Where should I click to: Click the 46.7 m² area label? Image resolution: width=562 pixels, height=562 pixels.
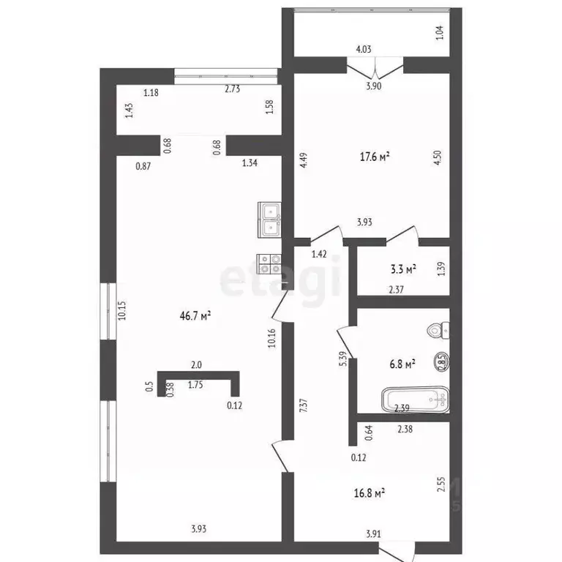(195, 316)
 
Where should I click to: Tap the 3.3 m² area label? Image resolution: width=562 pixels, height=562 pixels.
(403, 269)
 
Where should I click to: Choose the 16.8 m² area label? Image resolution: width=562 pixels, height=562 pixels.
(370, 493)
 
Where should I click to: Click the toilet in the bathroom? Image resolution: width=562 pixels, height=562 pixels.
(439, 331)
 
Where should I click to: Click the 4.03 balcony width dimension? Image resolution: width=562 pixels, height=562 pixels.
(364, 50)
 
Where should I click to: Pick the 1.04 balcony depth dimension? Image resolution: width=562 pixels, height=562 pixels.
(440, 32)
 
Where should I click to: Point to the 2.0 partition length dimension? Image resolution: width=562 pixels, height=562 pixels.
(197, 364)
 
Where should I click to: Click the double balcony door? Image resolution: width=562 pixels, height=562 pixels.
(375, 70)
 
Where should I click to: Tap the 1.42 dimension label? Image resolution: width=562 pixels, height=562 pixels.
(318, 254)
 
